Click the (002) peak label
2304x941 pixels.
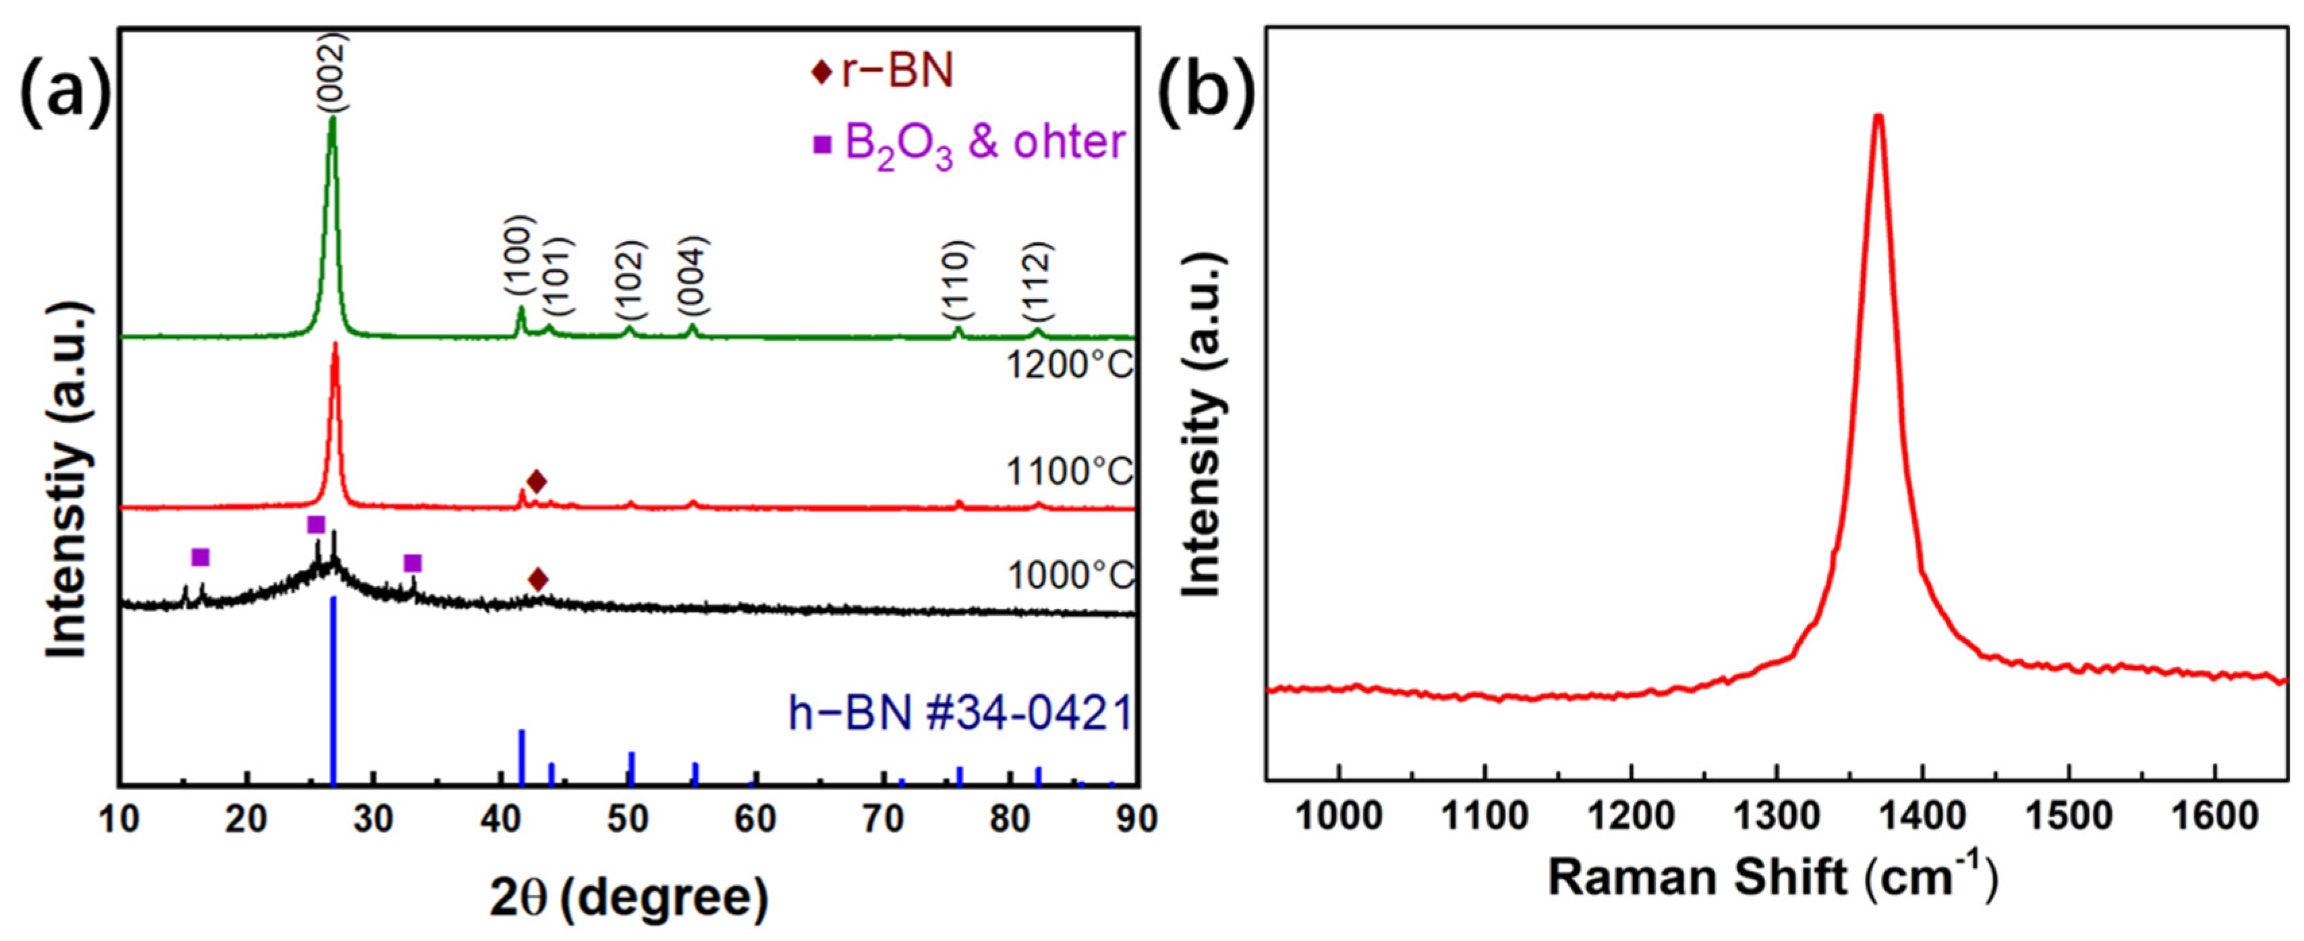[333, 74]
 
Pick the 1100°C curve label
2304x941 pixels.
[1070, 472]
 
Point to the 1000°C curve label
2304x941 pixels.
[1070, 575]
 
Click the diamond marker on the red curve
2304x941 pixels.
[536, 482]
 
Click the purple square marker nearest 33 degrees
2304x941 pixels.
[412, 563]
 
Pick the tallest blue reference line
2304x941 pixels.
[334, 689]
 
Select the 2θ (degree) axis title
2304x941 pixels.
[629, 897]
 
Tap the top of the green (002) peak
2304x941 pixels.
[333, 118]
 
